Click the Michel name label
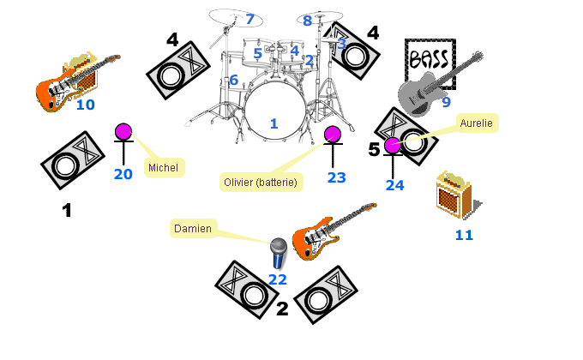point(163,167)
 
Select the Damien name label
point(192,229)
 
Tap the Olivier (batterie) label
point(260,182)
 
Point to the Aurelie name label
point(477,123)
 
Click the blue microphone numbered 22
point(278,253)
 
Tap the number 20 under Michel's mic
point(123,174)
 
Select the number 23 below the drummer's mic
point(337,177)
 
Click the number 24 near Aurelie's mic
point(394,184)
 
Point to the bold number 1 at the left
point(67,210)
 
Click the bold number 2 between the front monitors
point(281,309)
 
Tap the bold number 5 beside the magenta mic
point(374,149)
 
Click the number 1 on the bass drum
point(273,124)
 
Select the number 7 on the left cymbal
point(250,19)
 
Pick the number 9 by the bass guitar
point(446,103)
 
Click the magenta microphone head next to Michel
point(124,132)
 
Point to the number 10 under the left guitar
point(86,105)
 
